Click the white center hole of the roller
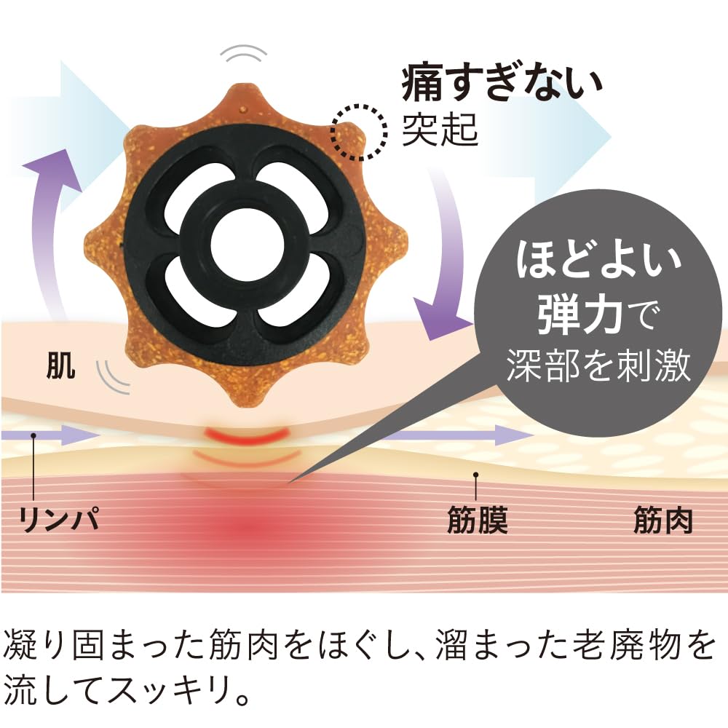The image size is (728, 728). (247, 245)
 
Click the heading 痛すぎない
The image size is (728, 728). (502, 84)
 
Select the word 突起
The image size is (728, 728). (439, 130)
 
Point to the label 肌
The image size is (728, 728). (61, 366)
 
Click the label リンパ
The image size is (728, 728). (59, 518)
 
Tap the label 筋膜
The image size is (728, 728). (478, 520)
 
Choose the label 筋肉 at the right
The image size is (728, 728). (663, 520)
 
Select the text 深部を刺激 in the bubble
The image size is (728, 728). (599, 365)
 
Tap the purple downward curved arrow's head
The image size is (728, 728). (441, 319)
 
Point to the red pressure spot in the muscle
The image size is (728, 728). (246, 528)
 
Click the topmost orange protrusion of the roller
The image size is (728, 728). (244, 100)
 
